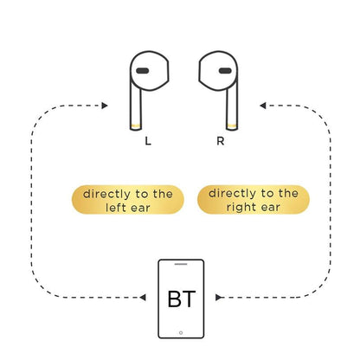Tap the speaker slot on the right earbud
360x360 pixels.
point(224,70)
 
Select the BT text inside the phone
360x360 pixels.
point(180,302)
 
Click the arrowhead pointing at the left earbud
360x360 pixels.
point(105,106)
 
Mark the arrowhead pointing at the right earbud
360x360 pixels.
point(263,106)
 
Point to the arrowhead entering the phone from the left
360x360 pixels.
point(142,297)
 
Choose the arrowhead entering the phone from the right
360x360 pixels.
point(220,297)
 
